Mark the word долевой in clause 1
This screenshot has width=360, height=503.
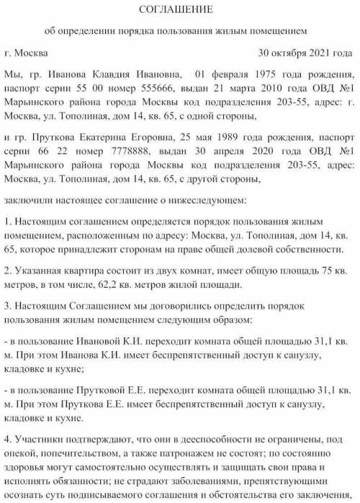253,248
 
